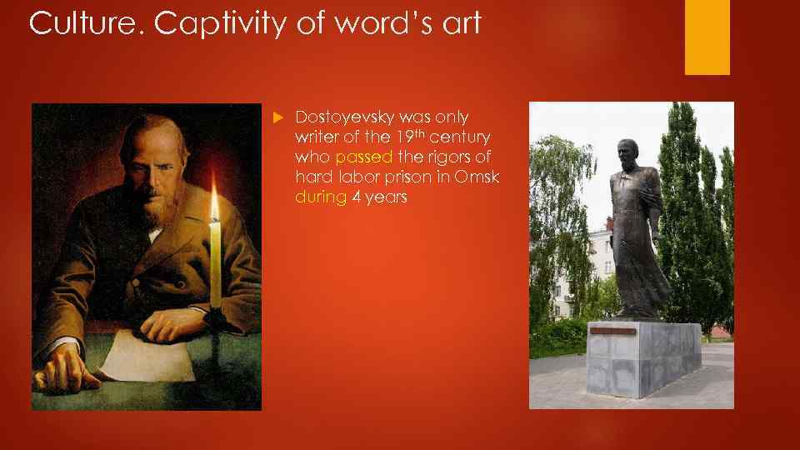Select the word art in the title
[457, 23]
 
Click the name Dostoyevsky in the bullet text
[343, 117]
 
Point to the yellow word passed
[363, 157]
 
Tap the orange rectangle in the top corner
[707, 37]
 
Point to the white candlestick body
[216, 267]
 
